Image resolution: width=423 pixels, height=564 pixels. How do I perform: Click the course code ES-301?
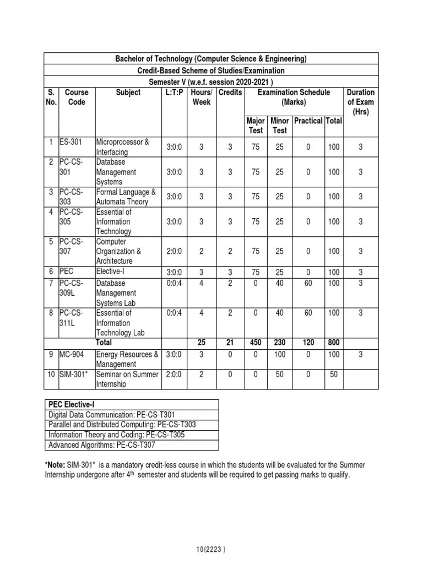[70, 142]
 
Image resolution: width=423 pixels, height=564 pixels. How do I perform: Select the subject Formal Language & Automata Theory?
[126, 197]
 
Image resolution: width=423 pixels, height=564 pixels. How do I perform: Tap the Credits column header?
[230, 93]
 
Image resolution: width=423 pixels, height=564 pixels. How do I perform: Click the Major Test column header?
[256, 126]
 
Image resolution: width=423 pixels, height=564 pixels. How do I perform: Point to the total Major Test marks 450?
[256, 342]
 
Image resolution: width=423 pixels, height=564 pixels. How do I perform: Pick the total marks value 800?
[334, 342]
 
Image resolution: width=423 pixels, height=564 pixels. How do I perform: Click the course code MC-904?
[71, 354]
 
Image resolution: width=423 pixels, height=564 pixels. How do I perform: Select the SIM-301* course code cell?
[74, 375]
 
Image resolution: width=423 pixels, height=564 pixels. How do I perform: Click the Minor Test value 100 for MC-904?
[280, 354]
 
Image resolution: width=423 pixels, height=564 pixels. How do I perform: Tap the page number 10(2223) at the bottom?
[211, 549]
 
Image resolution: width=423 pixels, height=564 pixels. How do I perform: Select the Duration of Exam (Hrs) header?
[360, 102]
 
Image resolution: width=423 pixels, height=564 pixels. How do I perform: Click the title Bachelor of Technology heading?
[211, 59]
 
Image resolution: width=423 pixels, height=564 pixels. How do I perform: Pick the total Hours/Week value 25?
[201, 342]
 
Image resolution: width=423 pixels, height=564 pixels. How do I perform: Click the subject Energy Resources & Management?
[127, 359]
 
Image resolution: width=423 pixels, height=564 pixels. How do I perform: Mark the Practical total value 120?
[308, 342]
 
